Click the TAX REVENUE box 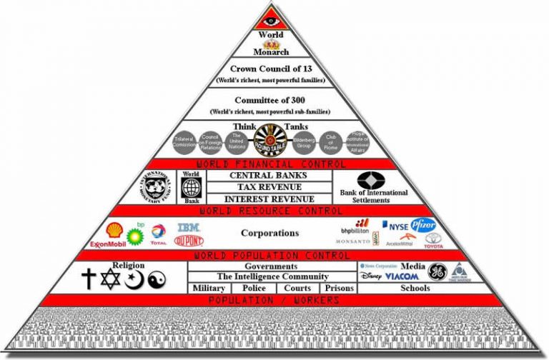click(268, 187)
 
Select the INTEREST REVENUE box click(268, 199)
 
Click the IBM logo click(187, 226)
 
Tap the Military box click(209, 289)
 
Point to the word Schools click(415, 289)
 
